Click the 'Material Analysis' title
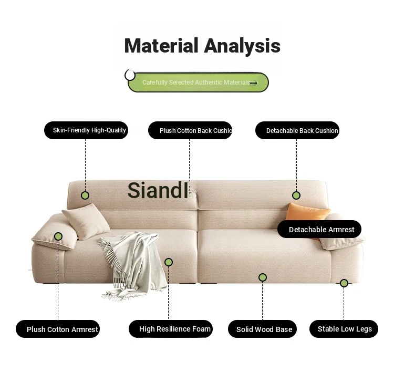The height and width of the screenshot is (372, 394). [x=202, y=46]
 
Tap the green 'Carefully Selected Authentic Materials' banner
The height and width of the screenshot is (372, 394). [x=198, y=82]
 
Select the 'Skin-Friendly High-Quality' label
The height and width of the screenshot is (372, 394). [x=86, y=130]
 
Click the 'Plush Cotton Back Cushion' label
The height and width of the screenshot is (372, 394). [x=190, y=130]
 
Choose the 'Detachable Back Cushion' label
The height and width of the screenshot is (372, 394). [x=297, y=130]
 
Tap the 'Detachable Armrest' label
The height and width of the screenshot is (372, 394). [x=319, y=229]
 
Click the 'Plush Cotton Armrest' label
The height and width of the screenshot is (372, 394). [x=58, y=329]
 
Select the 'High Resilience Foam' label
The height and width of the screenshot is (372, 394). [x=171, y=329]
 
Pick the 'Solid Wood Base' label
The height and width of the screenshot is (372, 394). [x=262, y=329]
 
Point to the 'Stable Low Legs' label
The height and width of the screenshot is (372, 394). [x=344, y=329]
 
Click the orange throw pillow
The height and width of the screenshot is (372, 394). [x=308, y=212]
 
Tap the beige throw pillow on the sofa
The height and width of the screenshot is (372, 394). [x=86, y=221]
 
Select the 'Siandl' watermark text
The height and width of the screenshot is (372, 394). [x=158, y=190]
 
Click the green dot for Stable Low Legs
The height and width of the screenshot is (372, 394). [x=344, y=283]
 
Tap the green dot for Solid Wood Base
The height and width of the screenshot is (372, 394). [x=263, y=277]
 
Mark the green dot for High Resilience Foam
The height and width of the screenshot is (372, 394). [x=169, y=262]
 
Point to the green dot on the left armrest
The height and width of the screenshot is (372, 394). [x=58, y=236]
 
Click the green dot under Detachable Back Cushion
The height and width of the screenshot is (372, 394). [x=296, y=195]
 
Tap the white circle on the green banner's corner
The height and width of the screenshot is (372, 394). [x=130, y=75]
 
